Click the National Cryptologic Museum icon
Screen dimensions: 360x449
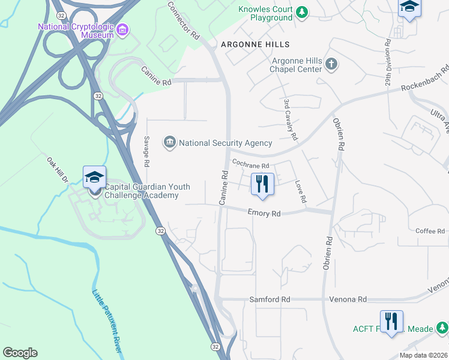[122, 29]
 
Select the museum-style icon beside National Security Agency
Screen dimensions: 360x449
[170, 142]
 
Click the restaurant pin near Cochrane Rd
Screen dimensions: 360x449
[262, 184]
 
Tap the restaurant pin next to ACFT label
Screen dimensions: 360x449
[391, 321]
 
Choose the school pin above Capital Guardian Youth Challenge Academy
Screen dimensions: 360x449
[94, 177]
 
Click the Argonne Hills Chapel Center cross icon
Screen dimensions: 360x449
[331, 63]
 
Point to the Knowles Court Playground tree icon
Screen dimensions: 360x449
[303, 11]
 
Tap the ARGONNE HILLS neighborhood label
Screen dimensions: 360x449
[255, 44]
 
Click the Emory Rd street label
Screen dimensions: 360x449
[265, 213]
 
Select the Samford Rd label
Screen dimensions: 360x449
[270, 299]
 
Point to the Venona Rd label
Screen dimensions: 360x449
[348, 299]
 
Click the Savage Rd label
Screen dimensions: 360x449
[146, 151]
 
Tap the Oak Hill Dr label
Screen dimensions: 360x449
[58, 170]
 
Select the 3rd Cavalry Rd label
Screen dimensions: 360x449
[290, 119]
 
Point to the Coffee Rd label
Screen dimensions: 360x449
[430, 231]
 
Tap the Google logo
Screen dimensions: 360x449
[20, 353]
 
